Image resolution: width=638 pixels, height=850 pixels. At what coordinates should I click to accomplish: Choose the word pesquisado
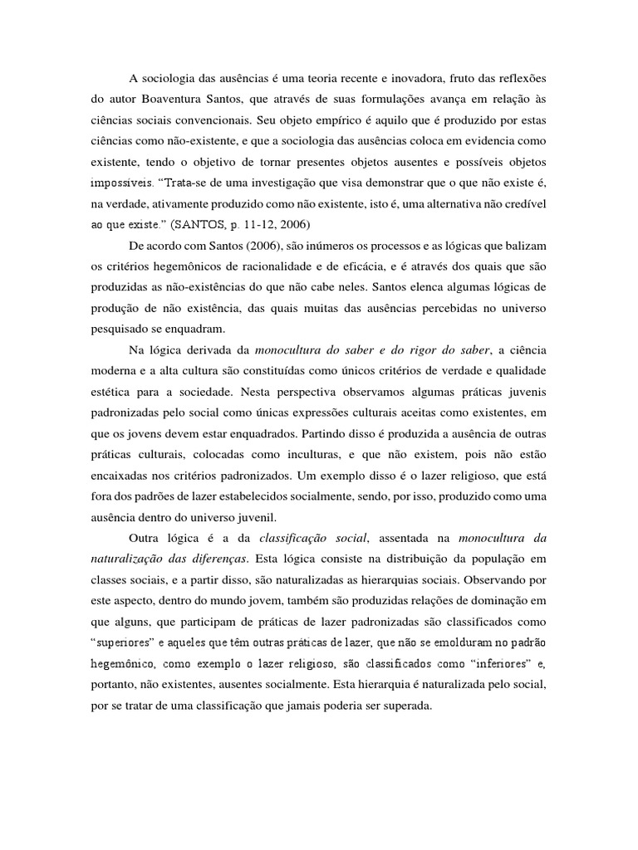pos(123,328)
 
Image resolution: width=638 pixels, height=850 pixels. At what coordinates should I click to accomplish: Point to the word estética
pos(111,390)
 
